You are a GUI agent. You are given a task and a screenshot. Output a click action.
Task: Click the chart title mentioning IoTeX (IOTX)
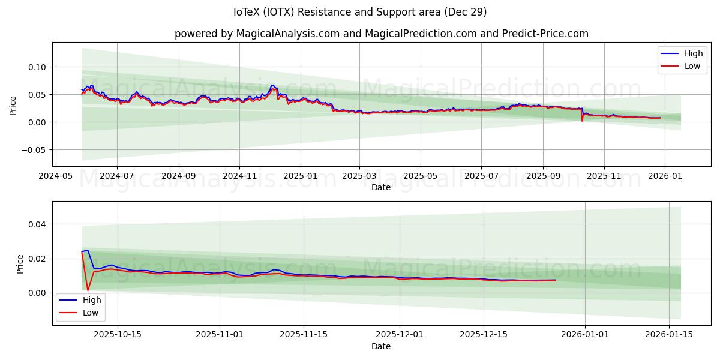click(x=360, y=12)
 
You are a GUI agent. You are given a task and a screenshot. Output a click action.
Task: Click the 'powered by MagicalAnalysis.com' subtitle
click(x=381, y=34)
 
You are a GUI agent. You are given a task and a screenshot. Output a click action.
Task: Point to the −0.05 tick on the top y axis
click(x=34, y=150)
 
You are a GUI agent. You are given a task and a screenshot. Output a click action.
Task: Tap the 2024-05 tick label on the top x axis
click(x=56, y=176)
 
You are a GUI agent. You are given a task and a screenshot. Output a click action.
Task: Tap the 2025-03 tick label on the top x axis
click(x=359, y=176)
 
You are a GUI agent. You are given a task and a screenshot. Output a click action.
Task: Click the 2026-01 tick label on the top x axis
click(x=665, y=176)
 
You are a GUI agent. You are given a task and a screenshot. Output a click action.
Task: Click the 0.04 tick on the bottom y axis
click(x=37, y=224)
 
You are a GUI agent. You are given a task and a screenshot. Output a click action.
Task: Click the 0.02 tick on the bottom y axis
click(x=37, y=259)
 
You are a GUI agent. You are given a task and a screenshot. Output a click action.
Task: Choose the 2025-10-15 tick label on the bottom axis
click(x=118, y=335)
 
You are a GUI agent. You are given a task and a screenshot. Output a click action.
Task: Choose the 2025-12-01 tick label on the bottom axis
click(x=400, y=335)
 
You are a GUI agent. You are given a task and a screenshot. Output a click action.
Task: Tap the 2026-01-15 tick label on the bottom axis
click(x=669, y=335)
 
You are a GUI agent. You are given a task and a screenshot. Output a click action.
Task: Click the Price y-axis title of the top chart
click(x=13, y=106)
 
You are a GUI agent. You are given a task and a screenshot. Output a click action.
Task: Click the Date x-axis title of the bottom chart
click(x=380, y=346)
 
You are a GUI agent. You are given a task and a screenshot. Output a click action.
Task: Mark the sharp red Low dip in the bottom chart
click(x=88, y=290)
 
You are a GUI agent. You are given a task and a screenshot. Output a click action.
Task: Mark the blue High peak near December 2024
click(x=272, y=85)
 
